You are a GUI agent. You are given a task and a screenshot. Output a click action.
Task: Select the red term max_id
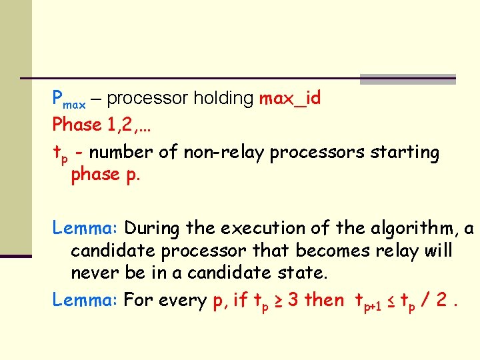290,99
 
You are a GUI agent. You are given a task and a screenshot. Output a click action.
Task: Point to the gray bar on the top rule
407,79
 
